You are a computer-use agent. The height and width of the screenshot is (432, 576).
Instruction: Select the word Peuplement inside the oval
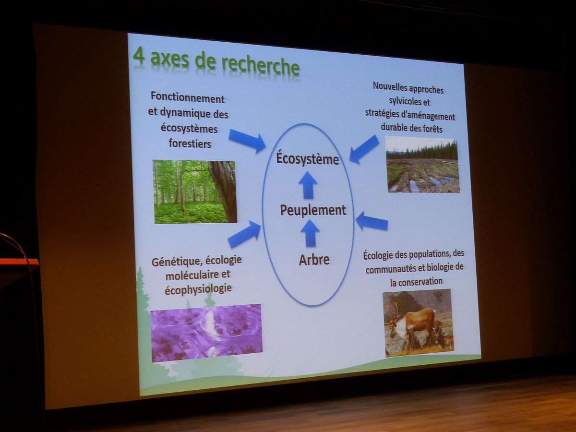(x=313, y=210)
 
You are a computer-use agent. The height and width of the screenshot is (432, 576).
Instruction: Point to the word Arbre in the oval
(x=314, y=259)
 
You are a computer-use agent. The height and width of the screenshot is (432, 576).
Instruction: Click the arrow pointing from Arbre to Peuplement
(x=310, y=233)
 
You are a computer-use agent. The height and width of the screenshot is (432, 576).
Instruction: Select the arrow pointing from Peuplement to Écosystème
(x=308, y=185)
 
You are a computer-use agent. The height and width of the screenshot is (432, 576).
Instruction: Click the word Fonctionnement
(x=187, y=98)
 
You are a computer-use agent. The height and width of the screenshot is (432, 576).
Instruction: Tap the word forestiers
(x=190, y=144)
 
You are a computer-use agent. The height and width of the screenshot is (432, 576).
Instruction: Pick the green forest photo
(x=195, y=192)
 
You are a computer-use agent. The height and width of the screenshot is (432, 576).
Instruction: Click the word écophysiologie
(x=198, y=289)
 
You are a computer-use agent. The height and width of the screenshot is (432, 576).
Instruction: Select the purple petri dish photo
(x=206, y=333)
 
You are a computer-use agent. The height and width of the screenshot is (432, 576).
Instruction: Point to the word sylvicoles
(x=409, y=101)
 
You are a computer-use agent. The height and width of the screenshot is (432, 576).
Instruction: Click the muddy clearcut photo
(x=422, y=165)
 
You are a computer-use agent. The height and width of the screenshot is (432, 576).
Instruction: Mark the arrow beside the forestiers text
(x=247, y=141)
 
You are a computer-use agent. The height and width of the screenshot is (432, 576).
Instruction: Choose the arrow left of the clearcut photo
(x=364, y=149)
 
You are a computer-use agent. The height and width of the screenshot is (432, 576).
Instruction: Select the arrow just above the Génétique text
(x=244, y=234)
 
